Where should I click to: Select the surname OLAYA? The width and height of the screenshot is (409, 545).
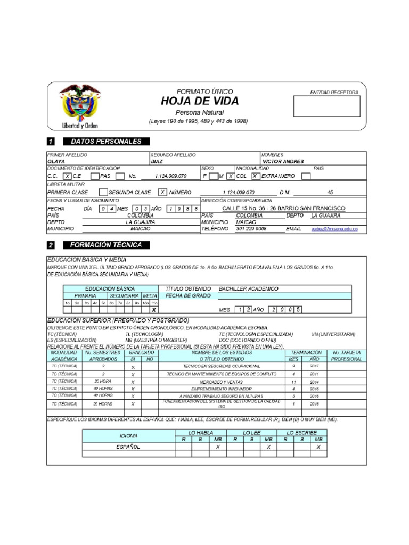(x=56, y=161)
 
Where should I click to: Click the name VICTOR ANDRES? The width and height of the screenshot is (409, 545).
(x=283, y=161)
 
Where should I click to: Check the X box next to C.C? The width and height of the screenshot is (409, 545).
(x=67, y=176)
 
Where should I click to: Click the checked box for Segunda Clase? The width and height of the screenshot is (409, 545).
(x=163, y=192)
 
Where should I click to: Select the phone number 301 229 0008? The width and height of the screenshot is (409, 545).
(x=251, y=228)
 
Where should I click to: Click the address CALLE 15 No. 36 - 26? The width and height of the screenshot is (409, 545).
(x=283, y=208)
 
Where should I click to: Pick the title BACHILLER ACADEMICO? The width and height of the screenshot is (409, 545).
(x=248, y=288)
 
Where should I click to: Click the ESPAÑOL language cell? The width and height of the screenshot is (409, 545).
(x=128, y=447)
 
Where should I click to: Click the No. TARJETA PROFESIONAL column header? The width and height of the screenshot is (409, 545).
(x=347, y=356)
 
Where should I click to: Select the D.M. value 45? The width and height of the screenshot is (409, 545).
(x=330, y=192)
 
